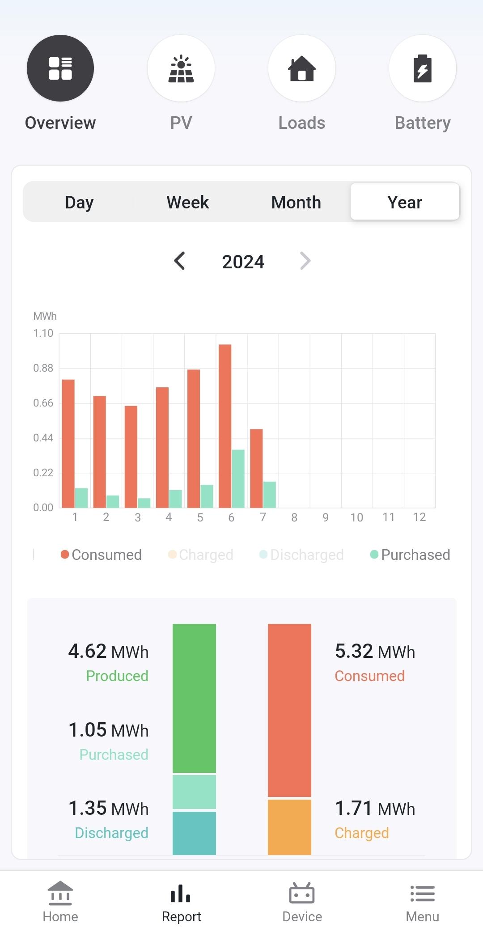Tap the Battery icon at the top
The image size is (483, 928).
coord(422,68)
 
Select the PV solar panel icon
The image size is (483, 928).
coord(181,68)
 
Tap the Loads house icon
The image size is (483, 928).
coord(302,68)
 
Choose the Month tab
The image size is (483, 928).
coord(296,202)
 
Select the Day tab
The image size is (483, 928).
coord(79,202)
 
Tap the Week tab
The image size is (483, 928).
coord(187,202)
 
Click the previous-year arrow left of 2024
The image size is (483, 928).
coord(180,261)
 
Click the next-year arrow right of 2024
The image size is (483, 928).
coord(305,261)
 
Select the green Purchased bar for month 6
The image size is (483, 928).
coord(238,479)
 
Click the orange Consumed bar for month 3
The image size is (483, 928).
coord(131,457)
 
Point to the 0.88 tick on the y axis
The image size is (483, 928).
coord(43,368)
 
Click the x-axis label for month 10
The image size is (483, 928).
coord(356,517)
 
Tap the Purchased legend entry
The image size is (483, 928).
coord(410,555)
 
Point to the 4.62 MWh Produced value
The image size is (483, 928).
coord(108,652)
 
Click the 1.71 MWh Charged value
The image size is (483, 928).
coord(375,809)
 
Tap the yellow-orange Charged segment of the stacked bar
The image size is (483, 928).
coord(289,827)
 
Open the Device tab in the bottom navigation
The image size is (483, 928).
coord(302,902)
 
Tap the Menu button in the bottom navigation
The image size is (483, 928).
coord(422,902)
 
